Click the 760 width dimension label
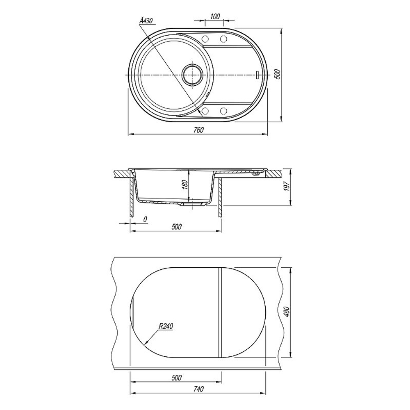[198, 130]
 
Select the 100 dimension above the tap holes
[215, 16]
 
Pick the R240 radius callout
[166, 326]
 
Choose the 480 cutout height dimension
[287, 312]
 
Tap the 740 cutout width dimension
[198, 389]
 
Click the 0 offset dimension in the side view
[146, 219]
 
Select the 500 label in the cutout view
[176, 378]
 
